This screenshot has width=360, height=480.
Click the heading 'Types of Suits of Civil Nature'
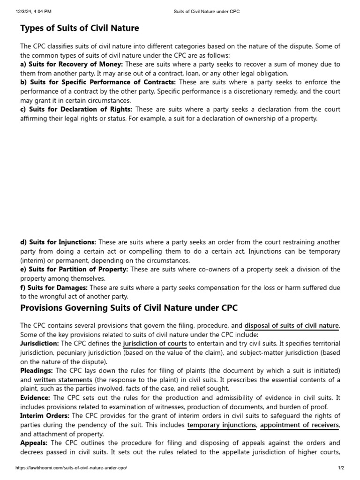coord(80,28)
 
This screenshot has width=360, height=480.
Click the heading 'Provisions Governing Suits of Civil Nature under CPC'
coord(129,308)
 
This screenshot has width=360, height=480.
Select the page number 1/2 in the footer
coord(341,468)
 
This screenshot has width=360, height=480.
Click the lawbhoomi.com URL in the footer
coord(71,468)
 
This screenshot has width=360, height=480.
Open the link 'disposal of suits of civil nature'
coord(292,325)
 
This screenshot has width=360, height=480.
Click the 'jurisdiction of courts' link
coord(155,344)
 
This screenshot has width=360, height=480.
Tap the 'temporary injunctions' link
coord(221,425)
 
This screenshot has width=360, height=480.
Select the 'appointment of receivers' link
coord(299,425)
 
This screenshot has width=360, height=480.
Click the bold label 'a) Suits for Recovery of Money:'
coord(72,64)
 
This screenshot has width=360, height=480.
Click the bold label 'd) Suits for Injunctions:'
coord(58,242)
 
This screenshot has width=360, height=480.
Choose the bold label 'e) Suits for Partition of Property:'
coord(74,270)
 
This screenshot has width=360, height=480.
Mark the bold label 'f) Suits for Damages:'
coord(54,287)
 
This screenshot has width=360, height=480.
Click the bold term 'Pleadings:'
coord(36,371)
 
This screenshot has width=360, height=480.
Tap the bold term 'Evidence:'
coord(35,398)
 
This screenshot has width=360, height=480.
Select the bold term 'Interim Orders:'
coord(45,416)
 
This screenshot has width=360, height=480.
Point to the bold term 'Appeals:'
coord(34,443)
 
